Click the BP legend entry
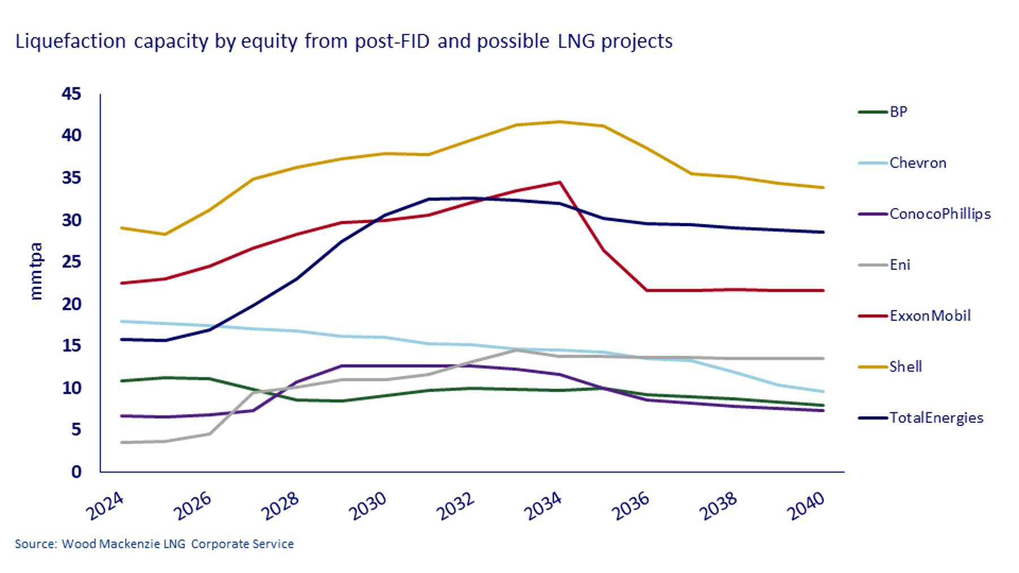(x=898, y=112)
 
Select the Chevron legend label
(x=917, y=163)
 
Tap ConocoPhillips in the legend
(x=940, y=214)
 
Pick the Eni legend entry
(x=900, y=265)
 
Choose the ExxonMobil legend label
(x=930, y=316)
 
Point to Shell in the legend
(x=905, y=367)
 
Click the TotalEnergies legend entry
(x=936, y=418)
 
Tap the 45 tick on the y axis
(x=71, y=94)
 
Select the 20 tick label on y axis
(x=71, y=304)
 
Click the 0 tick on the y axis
(x=76, y=472)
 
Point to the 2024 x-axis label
(x=105, y=506)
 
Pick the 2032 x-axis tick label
(x=456, y=506)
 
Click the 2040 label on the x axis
(x=806, y=506)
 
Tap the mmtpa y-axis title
(x=36, y=271)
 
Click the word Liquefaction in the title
(x=71, y=42)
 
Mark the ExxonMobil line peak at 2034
(x=559, y=182)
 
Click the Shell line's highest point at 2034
(x=559, y=122)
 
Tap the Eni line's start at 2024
(x=122, y=442)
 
